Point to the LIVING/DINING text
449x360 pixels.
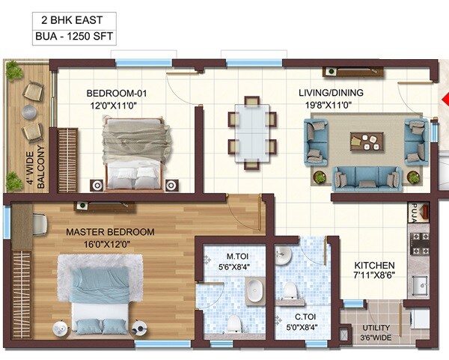click(x=331, y=93)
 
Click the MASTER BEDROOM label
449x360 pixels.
click(x=110, y=232)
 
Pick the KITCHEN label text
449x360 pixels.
click(x=374, y=266)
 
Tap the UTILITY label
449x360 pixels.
click(x=376, y=327)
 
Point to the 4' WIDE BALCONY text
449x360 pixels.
click(x=31, y=160)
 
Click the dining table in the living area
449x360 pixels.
click(x=251, y=132)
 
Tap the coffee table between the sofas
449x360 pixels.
click(x=367, y=140)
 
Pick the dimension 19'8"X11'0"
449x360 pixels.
click(x=331, y=106)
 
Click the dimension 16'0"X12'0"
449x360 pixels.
click(x=110, y=244)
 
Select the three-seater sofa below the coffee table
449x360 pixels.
click(x=367, y=177)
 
